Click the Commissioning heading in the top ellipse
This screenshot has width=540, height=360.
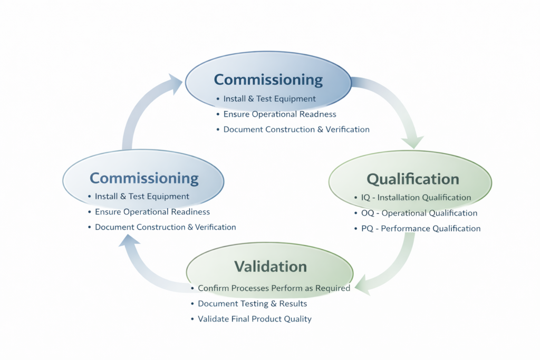tap(268, 80)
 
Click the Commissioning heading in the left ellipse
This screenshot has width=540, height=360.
tap(144, 178)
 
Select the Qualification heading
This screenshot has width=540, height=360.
tap(412, 179)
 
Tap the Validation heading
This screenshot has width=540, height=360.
tap(270, 266)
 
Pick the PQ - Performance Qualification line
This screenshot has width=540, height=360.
tap(420, 228)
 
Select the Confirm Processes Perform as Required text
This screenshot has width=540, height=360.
tap(274, 288)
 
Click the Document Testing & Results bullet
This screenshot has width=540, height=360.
tap(252, 304)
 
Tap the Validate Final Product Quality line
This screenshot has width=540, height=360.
tap(254, 319)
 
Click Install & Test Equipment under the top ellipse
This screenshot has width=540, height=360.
tap(269, 99)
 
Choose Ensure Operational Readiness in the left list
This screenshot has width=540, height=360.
tap(152, 212)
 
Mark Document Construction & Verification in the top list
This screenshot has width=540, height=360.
tap(296, 129)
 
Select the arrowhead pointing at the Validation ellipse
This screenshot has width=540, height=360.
tap(363, 285)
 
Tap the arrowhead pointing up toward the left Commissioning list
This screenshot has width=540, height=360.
tap(129, 241)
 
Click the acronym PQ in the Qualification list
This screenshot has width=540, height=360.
tap(367, 228)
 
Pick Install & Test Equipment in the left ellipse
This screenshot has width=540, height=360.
tap(141, 197)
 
